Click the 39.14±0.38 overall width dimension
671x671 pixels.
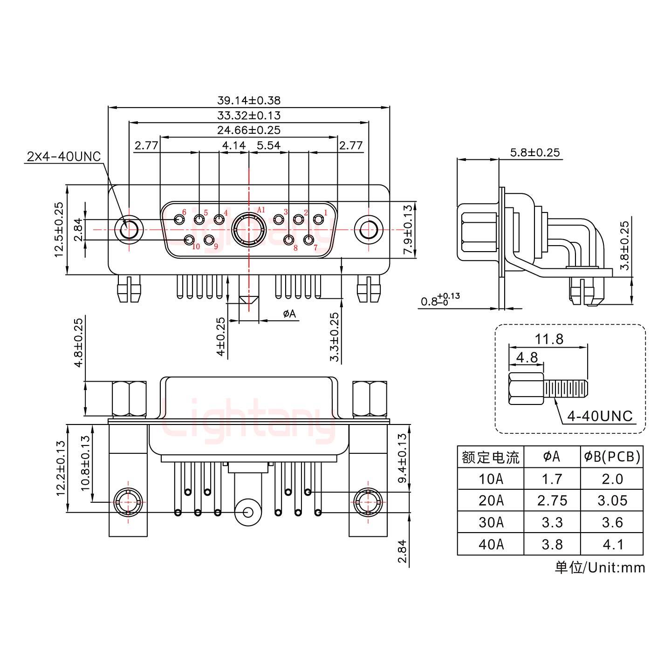point(249,100)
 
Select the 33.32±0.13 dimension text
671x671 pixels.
point(249,115)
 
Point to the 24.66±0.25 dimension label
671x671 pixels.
point(249,130)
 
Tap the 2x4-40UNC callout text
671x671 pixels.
point(64,157)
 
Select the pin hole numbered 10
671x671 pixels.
point(189,240)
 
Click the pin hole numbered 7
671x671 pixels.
point(308,240)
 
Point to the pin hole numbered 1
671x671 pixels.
point(319,219)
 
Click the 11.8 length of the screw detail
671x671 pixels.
point(549,339)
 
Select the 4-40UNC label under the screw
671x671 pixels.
point(600,416)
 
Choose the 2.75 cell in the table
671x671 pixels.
point(552,500)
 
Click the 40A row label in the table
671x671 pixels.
point(491,544)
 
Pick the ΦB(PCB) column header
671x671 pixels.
point(612,457)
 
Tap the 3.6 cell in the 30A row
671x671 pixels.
point(612,522)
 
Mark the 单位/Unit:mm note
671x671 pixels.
point(600,568)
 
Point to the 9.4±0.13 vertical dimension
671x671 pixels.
point(403,459)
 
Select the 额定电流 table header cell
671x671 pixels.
point(491,457)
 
